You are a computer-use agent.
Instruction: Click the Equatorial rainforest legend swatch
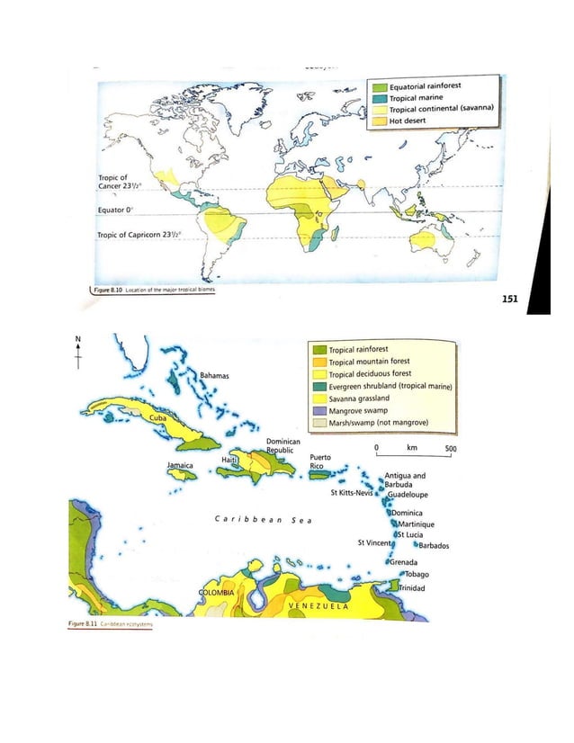click(381, 87)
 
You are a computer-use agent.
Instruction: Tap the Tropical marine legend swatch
click(381, 98)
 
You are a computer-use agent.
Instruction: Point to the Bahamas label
click(215, 372)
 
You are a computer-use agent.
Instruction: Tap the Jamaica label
click(181, 465)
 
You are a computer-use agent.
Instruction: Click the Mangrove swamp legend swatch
click(317, 410)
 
